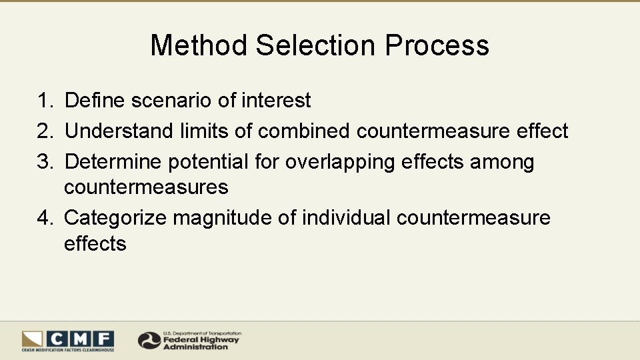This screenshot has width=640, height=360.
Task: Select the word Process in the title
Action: pyautogui.click(x=437, y=45)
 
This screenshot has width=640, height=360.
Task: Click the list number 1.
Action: pyautogui.click(x=44, y=101)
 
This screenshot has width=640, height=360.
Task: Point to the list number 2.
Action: pyautogui.click(x=44, y=131)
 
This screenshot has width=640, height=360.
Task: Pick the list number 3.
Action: pyautogui.click(x=44, y=162)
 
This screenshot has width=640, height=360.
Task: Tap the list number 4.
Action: pyautogui.click(x=44, y=218)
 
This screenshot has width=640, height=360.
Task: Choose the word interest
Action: pyautogui.click(x=276, y=101)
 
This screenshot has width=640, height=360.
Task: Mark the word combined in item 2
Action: pyautogui.click(x=303, y=131)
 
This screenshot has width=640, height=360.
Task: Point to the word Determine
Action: pyautogui.click(x=113, y=162)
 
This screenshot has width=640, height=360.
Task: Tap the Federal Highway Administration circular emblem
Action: pyautogui.click(x=149, y=341)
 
